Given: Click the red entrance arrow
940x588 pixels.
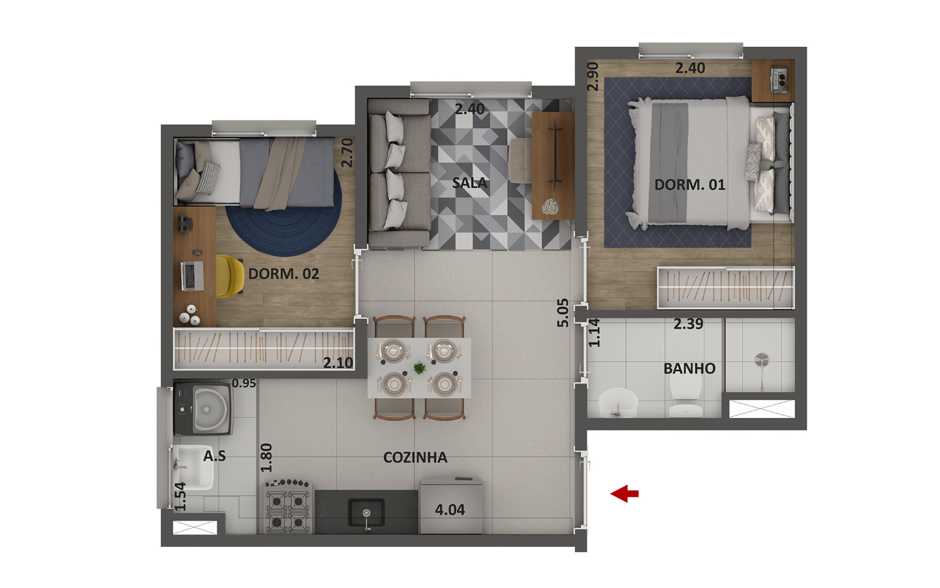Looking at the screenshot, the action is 625,493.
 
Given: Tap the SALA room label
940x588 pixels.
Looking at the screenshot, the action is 469,183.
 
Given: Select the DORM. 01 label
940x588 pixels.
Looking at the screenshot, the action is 690,185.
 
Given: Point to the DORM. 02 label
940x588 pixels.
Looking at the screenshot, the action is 284,274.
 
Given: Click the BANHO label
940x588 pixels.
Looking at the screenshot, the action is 689,368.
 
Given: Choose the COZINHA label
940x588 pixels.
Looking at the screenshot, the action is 415,457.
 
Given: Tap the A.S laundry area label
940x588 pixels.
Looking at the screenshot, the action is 214,456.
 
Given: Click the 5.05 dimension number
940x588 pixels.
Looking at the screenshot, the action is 562,313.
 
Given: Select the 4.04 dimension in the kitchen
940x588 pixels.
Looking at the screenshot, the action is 450,510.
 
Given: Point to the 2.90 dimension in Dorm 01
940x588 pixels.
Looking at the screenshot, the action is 593,76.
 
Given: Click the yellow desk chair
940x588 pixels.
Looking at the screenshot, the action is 230,276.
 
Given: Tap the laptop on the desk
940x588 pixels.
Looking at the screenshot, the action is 193,276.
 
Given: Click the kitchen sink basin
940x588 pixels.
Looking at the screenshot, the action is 366,513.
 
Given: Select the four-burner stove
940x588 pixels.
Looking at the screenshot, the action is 288,507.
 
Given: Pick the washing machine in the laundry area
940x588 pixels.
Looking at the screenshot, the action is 204,408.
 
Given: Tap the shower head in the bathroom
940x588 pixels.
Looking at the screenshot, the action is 762,361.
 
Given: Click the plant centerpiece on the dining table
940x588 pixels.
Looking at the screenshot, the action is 420,368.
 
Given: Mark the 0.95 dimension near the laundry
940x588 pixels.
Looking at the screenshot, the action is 244,383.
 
